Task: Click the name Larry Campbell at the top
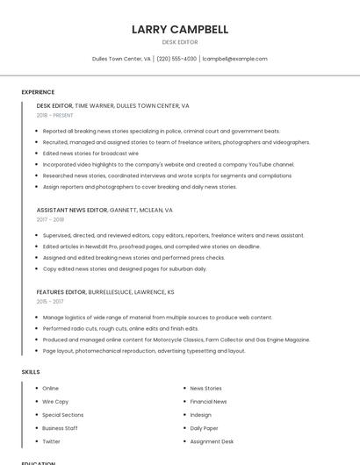point(180,29)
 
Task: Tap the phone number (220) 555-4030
point(176,59)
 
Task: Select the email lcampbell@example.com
point(234,59)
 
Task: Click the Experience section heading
point(38,92)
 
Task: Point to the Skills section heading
point(31,372)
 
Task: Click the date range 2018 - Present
point(54,115)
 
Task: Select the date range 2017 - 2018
point(50,220)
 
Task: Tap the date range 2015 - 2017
point(50,301)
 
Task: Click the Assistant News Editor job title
point(72,211)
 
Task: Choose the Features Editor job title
point(61,291)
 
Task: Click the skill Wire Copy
point(55,401)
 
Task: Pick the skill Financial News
point(208,401)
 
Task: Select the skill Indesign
point(200,414)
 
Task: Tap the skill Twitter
point(51,441)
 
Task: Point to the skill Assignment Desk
point(212,441)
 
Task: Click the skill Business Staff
point(60,428)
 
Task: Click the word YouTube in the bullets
point(260,164)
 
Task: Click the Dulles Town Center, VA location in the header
point(121,59)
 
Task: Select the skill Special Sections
point(62,414)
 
